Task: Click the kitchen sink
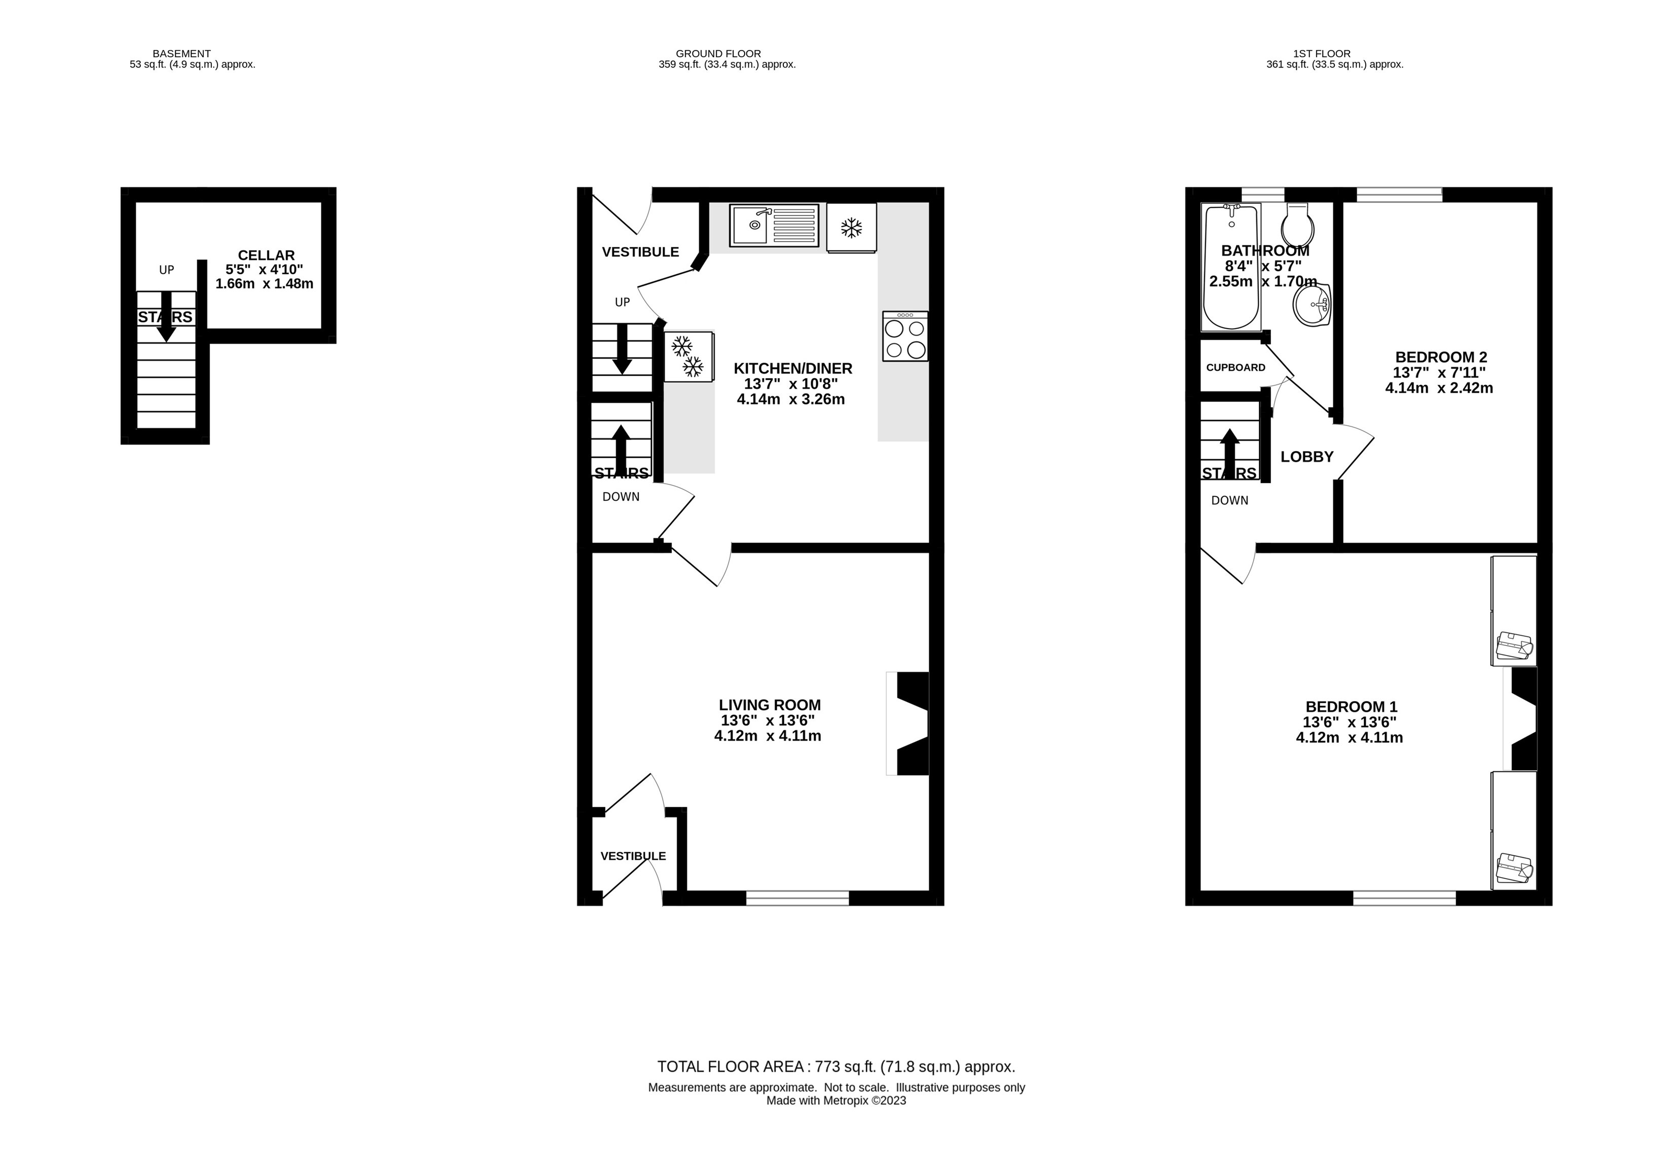(x=774, y=225)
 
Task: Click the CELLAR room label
(x=266, y=255)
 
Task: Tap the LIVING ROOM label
(x=770, y=705)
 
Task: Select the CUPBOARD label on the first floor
(x=1235, y=368)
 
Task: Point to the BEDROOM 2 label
(x=1441, y=357)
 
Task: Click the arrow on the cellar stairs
(x=166, y=316)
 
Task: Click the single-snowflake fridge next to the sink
(x=851, y=228)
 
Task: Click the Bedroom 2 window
(x=1399, y=194)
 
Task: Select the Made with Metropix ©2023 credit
(x=836, y=1100)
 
